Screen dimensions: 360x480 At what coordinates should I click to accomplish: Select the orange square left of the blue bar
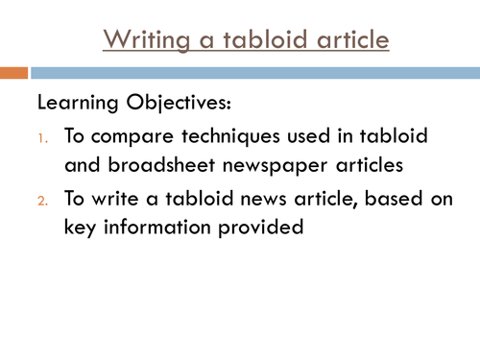13,72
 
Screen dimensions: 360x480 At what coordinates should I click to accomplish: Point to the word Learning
77,101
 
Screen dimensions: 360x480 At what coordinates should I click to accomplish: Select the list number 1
42,137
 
